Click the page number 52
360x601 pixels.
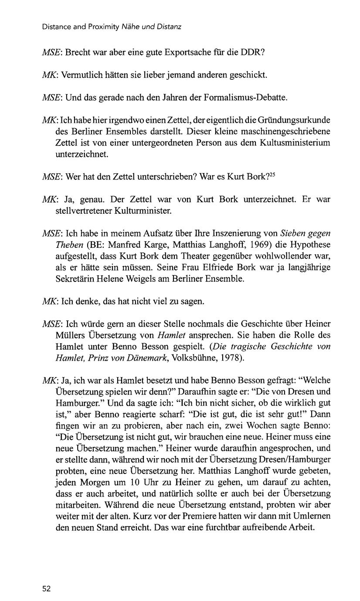coord(47,589)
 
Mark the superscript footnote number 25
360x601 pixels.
coord(272,175)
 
